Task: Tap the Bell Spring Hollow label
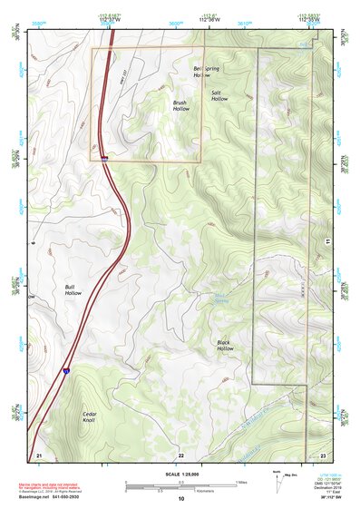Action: coord(208,72)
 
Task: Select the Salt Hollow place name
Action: coord(219,95)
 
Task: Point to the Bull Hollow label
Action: coord(73,290)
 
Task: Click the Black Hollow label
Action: coord(225,345)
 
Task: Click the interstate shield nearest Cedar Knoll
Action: coord(65,370)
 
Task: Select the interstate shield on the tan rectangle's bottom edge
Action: coord(105,160)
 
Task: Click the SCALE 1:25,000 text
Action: coord(180,474)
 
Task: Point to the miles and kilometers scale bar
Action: coord(180,484)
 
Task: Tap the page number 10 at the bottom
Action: coord(180,498)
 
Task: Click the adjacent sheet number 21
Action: coord(38,454)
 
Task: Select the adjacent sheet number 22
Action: coord(180,454)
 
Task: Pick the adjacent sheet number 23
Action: coord(324,454)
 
